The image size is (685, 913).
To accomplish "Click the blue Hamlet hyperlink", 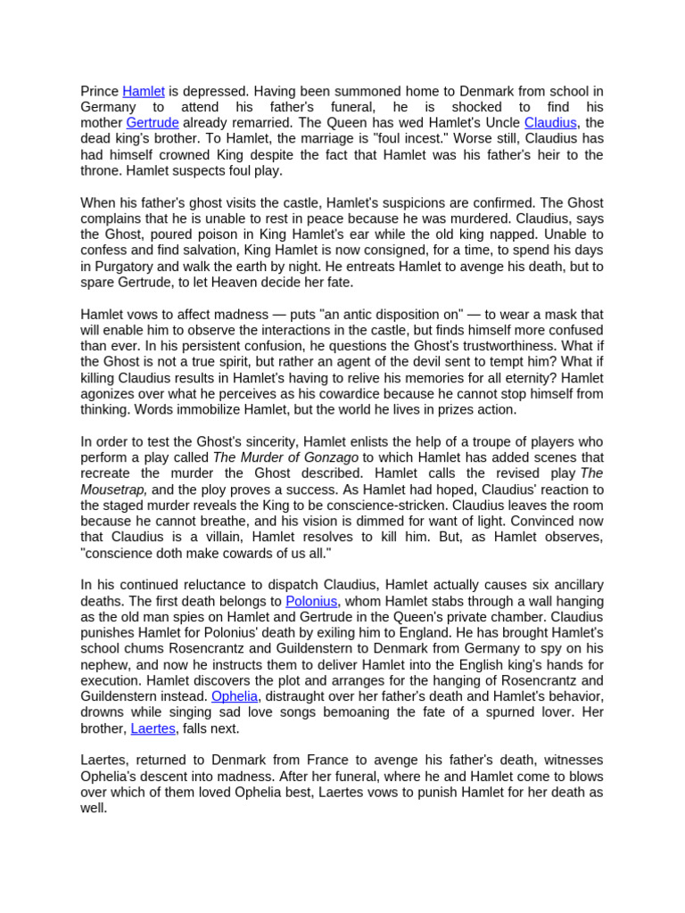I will point(143,91).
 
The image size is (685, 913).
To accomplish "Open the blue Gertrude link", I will point(153,122).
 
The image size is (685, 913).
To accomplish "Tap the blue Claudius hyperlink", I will point(550,122).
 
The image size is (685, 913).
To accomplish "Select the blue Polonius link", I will point(311,601).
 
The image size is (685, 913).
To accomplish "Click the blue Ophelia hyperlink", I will point(235,696).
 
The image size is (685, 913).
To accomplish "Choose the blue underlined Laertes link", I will point(153,728).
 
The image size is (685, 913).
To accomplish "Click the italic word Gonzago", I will point(327,457).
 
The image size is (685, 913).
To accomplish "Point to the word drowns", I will point(104,712).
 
